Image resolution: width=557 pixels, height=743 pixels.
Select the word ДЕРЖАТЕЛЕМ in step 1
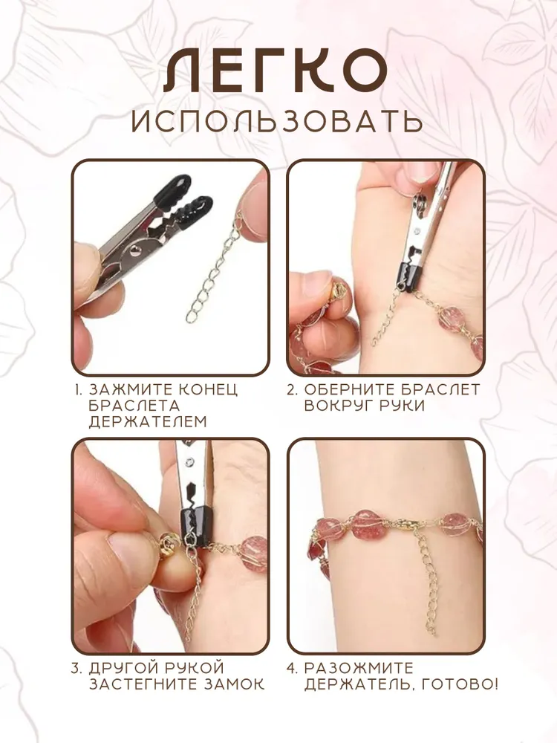(x=148, y=421)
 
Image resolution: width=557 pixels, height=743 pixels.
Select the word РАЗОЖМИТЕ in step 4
(x=359, y=668)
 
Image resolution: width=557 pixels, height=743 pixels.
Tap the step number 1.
(x=79, y=389)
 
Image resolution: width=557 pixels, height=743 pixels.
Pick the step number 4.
(x=292, y=668)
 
